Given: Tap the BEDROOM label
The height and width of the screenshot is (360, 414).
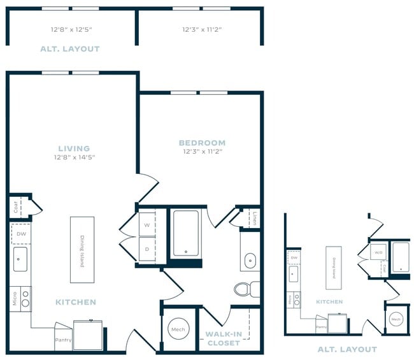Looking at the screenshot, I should click(202, 143).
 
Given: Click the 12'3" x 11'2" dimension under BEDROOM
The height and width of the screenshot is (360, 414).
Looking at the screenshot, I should click(202, 152).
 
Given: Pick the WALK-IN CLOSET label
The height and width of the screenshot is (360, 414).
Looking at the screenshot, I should click(223, 338).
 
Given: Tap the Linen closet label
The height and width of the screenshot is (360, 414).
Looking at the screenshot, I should click(255, 218).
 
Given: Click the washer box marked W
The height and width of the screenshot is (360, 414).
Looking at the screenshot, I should click(147, 225).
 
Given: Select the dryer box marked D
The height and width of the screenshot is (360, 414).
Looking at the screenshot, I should click(147, 248).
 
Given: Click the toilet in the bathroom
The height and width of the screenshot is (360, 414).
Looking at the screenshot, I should click(245, 289).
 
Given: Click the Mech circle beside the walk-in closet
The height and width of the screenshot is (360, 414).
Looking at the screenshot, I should click(177, 330).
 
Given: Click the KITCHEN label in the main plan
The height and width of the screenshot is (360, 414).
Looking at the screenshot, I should click(75, 302).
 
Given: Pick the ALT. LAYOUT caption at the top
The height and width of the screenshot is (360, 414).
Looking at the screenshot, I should click(70, 49).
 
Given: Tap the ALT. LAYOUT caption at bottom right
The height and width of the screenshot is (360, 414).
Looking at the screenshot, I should click(347, 349).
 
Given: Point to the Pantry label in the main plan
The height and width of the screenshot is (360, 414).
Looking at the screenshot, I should click(63, 340).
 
